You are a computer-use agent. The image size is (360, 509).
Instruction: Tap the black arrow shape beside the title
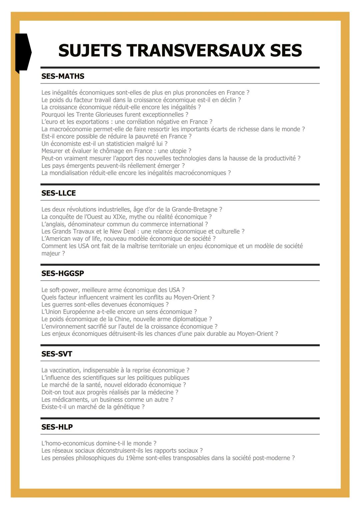coord(23,52)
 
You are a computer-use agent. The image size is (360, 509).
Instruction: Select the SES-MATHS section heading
coord(63,76)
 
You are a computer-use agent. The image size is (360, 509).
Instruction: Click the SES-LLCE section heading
coord(58,193)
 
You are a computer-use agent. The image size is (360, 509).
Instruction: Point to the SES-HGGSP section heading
coord(63,274)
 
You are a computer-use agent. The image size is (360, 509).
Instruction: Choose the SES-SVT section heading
coord(57,354)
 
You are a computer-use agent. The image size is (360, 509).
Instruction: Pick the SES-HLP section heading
coord(57,427)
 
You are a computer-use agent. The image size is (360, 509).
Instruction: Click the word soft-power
coord(63,290)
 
